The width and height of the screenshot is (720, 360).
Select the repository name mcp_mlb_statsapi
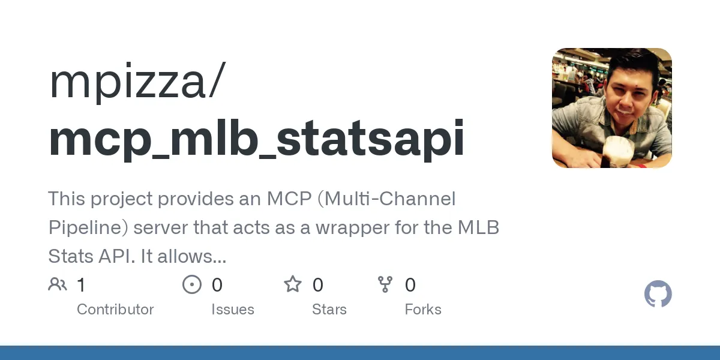(256, 139)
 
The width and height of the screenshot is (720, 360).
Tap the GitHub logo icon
(658, 295)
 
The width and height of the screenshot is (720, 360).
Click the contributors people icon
(58, 284)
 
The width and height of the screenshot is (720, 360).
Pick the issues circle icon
(192, 284)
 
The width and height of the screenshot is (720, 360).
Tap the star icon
(293, 284)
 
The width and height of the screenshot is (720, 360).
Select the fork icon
(385, 284)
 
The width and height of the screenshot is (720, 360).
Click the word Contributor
(115, 310)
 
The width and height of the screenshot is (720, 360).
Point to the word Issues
(233, 310)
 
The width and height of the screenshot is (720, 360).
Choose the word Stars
(329, 310)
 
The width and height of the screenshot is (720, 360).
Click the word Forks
(423, 310)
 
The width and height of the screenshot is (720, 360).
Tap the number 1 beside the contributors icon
(81, 284)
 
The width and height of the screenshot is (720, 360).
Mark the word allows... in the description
(196, 257)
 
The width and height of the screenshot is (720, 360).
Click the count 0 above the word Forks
(410, 284)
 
